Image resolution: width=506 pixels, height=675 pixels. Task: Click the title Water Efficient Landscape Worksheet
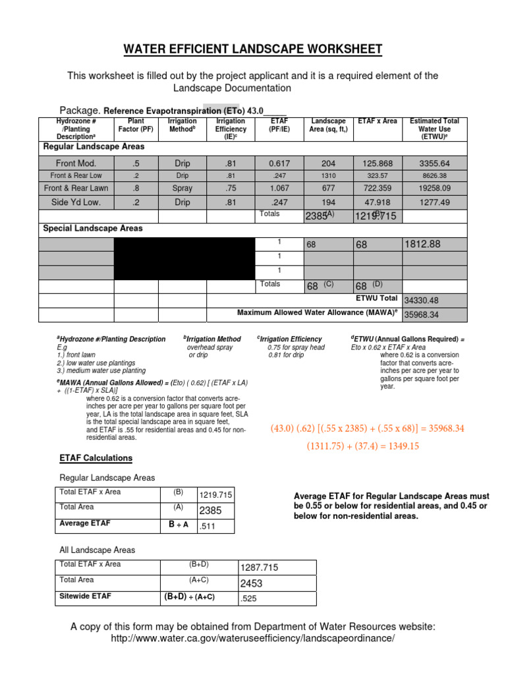tap(252, 50)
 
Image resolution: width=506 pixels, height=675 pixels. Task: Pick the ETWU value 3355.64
tap(434, 163)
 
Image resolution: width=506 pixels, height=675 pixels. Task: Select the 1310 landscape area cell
tap(328, 176)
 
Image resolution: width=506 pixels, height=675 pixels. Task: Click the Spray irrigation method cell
tap(183, 188)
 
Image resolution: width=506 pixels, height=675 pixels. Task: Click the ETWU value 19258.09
tap(434, 188)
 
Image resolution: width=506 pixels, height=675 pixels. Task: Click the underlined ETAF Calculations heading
tap(96, 458)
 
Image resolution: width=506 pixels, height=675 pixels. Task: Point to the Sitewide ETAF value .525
tap(248, 599)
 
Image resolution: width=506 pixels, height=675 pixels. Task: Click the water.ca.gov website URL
tap(252, 639)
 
